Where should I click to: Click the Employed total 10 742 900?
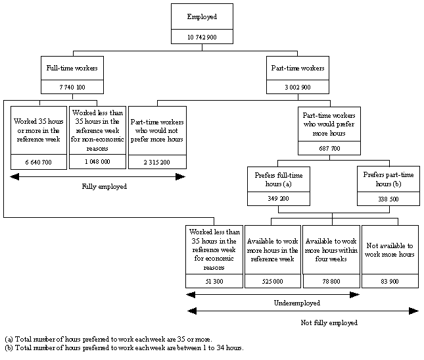tap(201, 38)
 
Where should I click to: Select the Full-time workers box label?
tap(63, 68)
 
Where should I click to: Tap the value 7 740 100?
tap(63, 87)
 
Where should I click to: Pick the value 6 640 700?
tap(39, 162)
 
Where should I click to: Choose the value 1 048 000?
tap(97, 161)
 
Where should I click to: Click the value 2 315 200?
tap(157, 162)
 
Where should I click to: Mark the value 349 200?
tap(278, 197)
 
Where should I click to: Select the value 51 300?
tap(214, 281)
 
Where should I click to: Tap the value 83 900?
tap(389, 281)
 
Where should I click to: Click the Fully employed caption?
tap(104, 187)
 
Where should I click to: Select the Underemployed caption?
tap(297, 303)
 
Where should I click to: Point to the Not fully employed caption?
tap(330, 323)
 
